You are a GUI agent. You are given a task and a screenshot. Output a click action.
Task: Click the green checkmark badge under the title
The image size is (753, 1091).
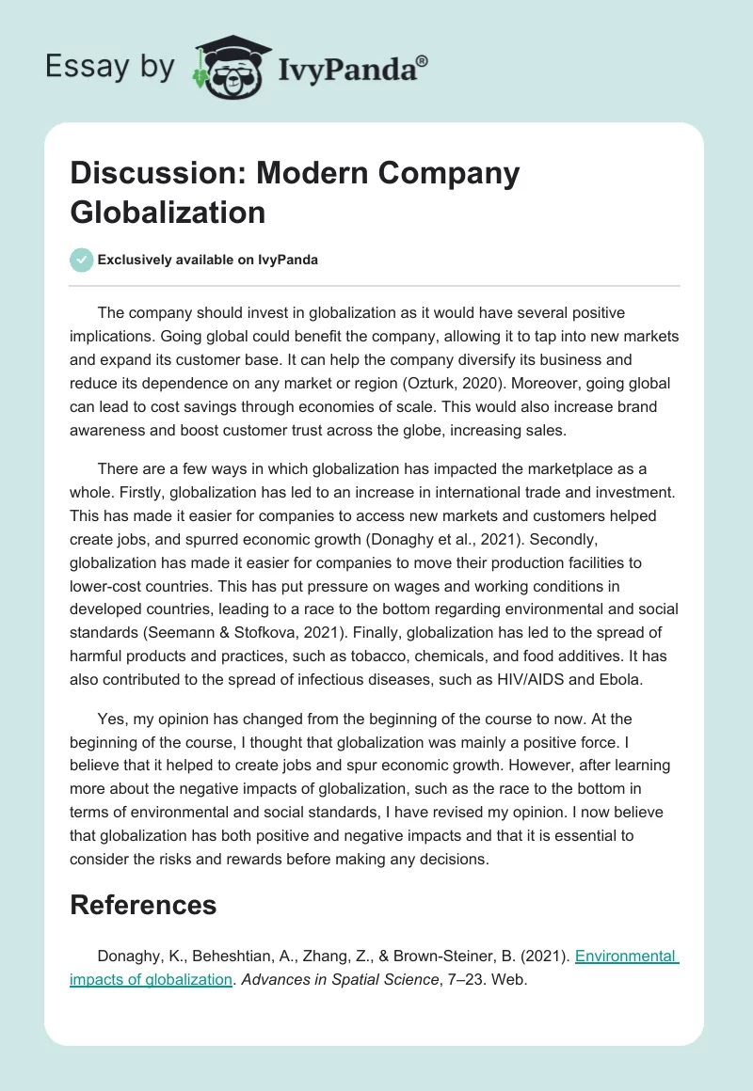[82, 260]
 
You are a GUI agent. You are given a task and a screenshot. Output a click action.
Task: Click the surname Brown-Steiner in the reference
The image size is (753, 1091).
[447, 957]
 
